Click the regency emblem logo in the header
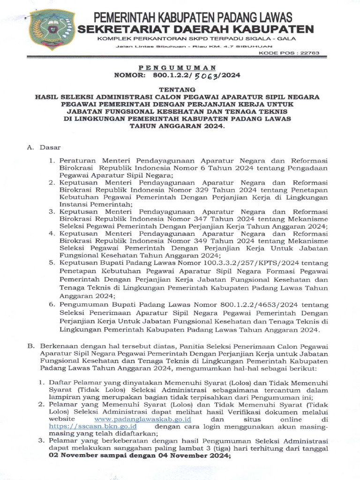[x=51, y=29]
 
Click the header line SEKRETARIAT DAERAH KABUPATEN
[x=195, y=30]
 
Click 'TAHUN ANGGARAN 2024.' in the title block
[x=177, y=126]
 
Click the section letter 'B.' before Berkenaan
[x=31, y=345]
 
